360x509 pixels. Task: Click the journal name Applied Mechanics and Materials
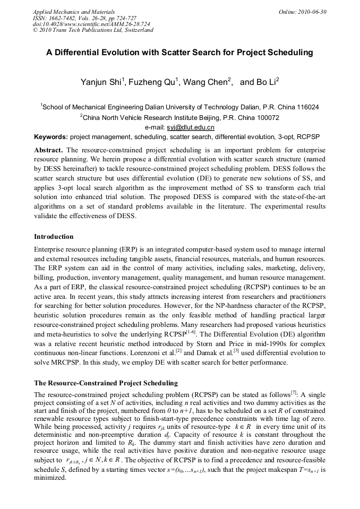pyautogui.click(x=74, y=11)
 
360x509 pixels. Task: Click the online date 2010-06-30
pyautogui.click(x=314, y=11)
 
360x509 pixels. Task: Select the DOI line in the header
pyautogui.click(x=91, y=24)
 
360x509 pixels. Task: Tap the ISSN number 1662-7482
pyautogui.click(x=65, y=18)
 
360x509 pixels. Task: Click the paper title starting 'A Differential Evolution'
pyautogui.click(x=179, y=53)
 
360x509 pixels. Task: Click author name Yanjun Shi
pyautogui.click(x=101, y=82)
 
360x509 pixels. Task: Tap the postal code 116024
pyautogui.click(x=306, y=107)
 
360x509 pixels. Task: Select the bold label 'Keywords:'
pyautogui.click(x=51, y=137)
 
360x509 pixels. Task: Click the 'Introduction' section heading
pyautogui.click(x=54, y=237)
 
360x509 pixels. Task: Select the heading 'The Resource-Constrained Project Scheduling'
pyautogui.click(x=106, y=383)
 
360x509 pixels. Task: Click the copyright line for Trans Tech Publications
pyautogui.click(x=93, y=30)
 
